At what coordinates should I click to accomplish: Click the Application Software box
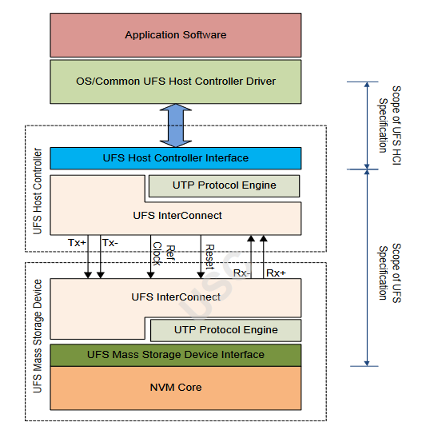[x=176, y=35]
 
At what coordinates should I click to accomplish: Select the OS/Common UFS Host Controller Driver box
[x=176, y=82]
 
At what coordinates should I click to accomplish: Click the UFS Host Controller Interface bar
[x=176, y=158]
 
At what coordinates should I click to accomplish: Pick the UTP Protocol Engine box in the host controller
[x=224, y=185]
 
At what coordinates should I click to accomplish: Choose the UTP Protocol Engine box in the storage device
[x=225, y=330]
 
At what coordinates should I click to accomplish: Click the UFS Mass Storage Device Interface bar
[x=176, y=354]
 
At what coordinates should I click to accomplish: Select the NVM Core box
[x=176, y=388]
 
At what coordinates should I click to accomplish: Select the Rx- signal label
[x=242, y=273]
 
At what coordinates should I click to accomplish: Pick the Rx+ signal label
[x=276, y=273]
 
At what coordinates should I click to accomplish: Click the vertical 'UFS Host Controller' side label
[x=38, y=190]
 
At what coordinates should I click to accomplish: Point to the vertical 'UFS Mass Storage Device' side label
[x=38, y=342]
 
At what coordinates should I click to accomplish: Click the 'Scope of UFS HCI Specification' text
[x=389, y=120]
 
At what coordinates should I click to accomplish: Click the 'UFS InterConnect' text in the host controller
[x=176, y=215]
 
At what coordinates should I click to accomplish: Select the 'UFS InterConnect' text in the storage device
[x=176, y=297]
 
